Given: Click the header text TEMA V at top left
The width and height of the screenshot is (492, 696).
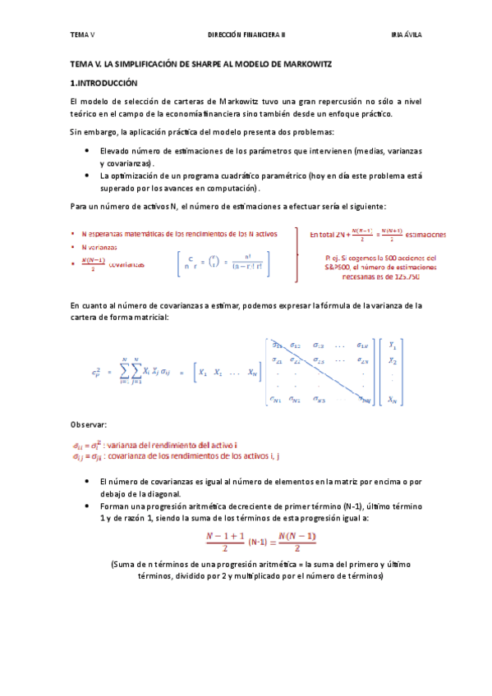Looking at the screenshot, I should tap(82, 36).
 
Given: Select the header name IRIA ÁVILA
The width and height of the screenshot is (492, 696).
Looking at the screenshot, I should tap(406, 36).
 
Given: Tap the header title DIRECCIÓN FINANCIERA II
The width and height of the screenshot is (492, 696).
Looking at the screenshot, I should tap(246, 36).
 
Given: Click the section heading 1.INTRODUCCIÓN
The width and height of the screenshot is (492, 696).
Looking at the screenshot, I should tap(104, 83).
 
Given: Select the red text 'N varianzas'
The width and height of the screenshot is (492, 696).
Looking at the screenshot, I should tap(99, 247).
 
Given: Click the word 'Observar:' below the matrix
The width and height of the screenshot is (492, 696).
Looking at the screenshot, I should tap(89, 424).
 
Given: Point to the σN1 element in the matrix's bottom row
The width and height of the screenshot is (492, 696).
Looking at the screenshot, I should tap(276, 400).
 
